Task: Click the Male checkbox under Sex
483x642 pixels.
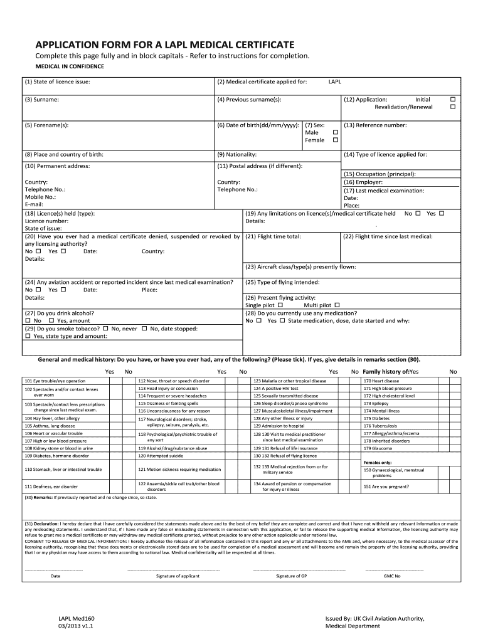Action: (x=335, y=132)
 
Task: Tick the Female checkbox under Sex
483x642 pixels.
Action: (x=335, y=140)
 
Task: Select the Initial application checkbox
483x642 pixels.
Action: (x=454, y=99)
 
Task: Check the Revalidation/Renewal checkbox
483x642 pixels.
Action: (x=454, y=107)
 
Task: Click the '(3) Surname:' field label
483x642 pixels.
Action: (x=42, y=99)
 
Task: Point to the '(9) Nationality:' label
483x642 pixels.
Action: (x=236, y=154)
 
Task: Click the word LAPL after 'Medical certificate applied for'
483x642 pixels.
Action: (x=335, y=82)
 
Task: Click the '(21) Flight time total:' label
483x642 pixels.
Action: (x=273, y=236)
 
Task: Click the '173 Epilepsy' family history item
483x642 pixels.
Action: (x=376, y=404)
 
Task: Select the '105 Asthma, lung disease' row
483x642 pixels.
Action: (x=50, y=426)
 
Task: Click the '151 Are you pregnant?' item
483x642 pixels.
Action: (x=386, y=486)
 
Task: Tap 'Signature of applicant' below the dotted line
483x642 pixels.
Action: (x=173, y=576)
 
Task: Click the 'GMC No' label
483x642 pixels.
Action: (x=392, y=576)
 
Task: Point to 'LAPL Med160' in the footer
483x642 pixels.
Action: (x=76, y=618)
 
